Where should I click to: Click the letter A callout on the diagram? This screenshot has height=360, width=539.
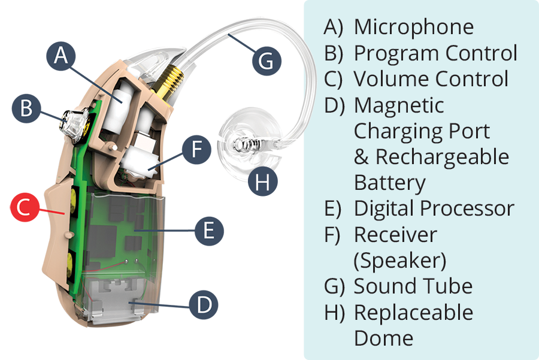click(x=60, y=55)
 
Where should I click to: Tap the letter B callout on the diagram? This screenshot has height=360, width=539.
click(x=26, y=108)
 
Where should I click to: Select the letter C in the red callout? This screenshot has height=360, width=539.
click(x=23, y=207)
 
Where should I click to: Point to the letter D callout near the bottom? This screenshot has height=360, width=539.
click(x=204, y=305)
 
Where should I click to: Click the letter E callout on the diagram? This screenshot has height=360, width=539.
click(x=208, y=231)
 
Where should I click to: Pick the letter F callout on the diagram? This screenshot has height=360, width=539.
click(x=196, y=150)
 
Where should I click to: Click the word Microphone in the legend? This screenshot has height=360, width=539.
click(x=413, y=27)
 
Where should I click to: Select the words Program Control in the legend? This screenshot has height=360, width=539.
click(x=435, y=53)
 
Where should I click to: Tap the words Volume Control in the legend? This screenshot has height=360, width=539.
click(x=431, y=79)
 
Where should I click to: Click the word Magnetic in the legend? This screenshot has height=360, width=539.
click(x=399, y=105)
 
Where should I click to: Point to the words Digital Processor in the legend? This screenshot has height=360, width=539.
click(x=434, y=208)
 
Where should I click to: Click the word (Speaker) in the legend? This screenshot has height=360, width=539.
click(x=400, y=260)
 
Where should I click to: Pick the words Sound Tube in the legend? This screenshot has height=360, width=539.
click(x=413, y=286)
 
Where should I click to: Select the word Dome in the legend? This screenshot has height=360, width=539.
click(x=383, y=338)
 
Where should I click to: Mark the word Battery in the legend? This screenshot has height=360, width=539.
click(x=390, y=182)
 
